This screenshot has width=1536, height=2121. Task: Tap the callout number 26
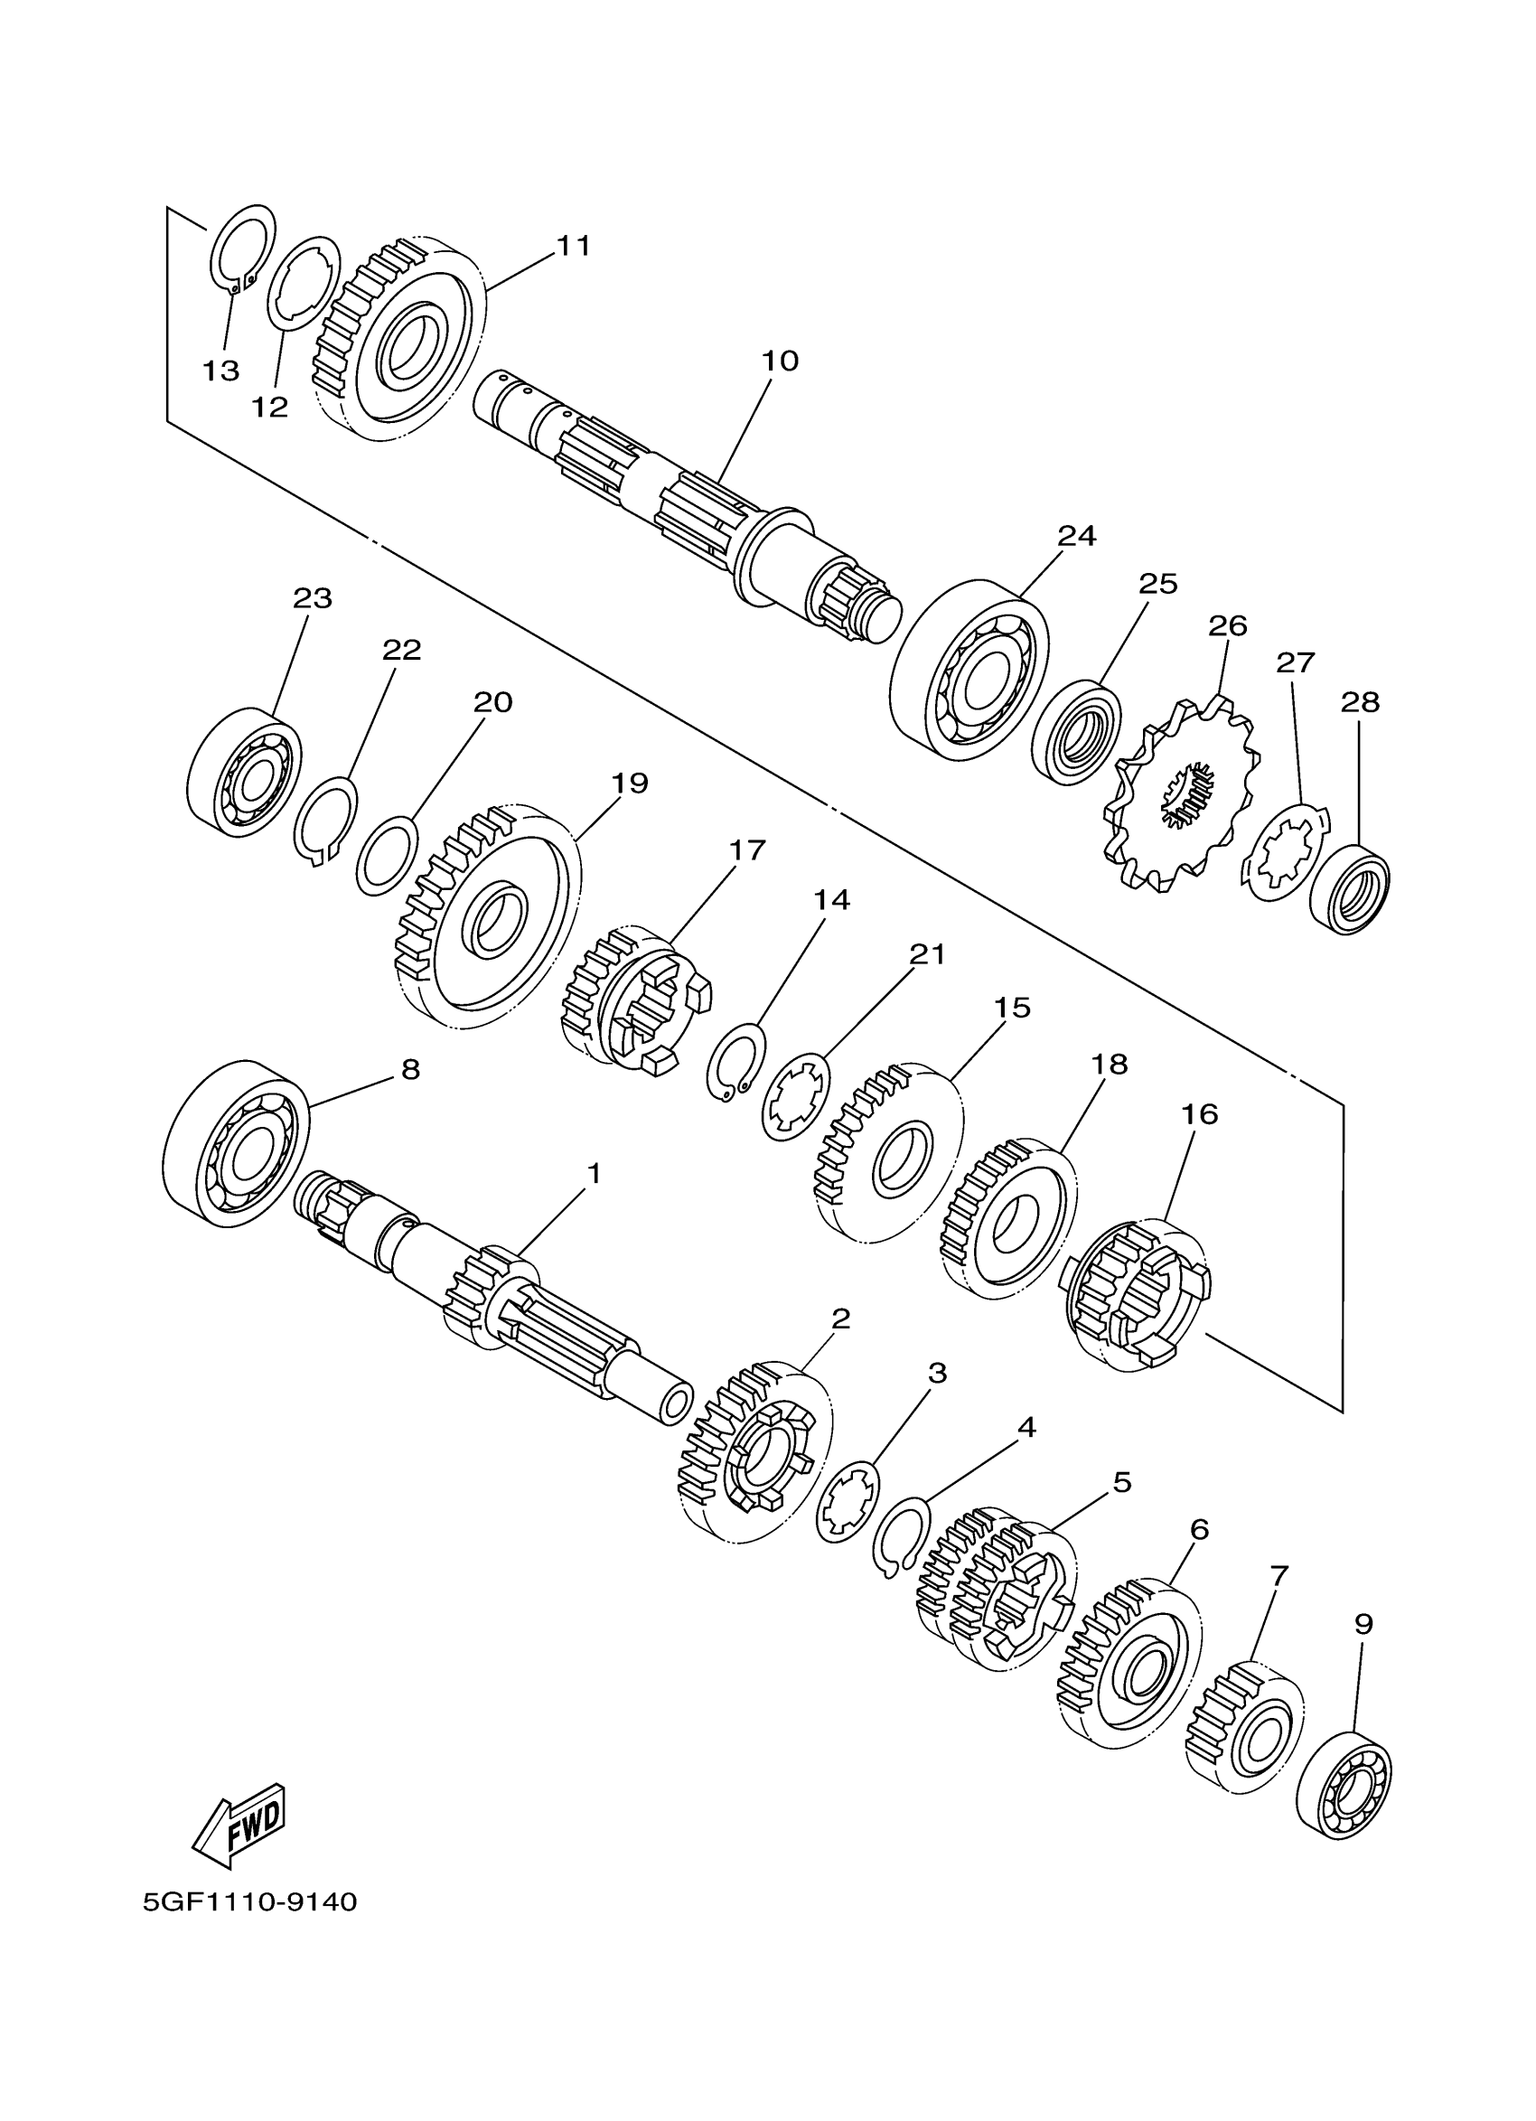coord(1228,625)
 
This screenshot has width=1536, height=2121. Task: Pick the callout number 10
coord(780,360)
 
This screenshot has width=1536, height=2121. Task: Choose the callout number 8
coord(410,1070)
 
